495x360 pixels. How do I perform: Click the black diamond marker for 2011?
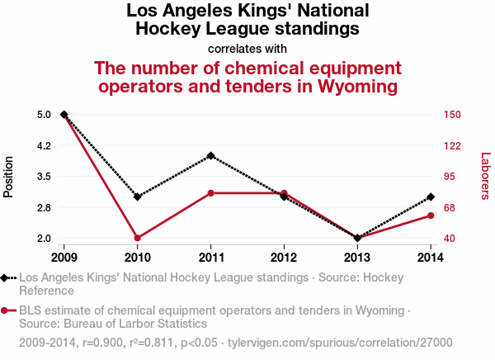click(x=211, y=155)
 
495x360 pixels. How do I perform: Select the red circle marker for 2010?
click(x=137, y=238)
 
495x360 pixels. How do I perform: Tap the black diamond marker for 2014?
click(x=431, y=197)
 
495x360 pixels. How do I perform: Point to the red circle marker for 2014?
click(x=431, y=216)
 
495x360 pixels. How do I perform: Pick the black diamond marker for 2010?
click(x=137, y=197)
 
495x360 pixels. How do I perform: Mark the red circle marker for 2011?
click(x=211, y=193)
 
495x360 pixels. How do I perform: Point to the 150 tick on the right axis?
click(x=453, y=115)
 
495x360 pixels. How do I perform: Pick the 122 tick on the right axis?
click(x=453, y=145)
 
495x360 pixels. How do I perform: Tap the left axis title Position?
click(x=10, y=176)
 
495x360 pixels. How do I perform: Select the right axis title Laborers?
click(x=485, y=176)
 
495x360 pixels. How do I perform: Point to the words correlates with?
click(x=247, y=49)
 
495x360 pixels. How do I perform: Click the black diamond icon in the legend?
click(x=7, y=278)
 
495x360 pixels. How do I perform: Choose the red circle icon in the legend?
click(x=7, y=310)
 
